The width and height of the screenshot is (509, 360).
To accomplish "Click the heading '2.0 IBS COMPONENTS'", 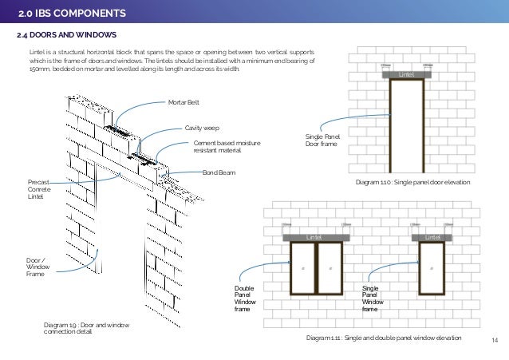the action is click(x=72, y=13).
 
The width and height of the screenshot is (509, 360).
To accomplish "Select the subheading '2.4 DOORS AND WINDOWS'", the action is click(x=67, y=35).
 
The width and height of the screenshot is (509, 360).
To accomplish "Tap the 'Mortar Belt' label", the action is click(x=183, y=103).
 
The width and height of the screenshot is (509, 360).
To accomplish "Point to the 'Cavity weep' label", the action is click(x=202, y=127).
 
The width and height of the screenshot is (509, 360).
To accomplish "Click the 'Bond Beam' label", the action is click(x=217, y=172).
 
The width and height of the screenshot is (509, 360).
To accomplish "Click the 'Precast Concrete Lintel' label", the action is click(x=38, y=188).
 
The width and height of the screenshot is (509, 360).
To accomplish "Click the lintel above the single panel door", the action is click(x=407, y=74).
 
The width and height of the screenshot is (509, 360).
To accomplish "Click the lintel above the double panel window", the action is click(x=316, y=237).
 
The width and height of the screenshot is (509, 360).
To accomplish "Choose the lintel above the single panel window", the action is click(x=432, y=237).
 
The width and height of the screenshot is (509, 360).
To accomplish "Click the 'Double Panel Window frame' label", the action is click(x=245, y=298).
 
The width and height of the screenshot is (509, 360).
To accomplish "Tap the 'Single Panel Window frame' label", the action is click(x=372, y=298).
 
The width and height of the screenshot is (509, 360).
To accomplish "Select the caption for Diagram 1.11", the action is click(x=384, y=338).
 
